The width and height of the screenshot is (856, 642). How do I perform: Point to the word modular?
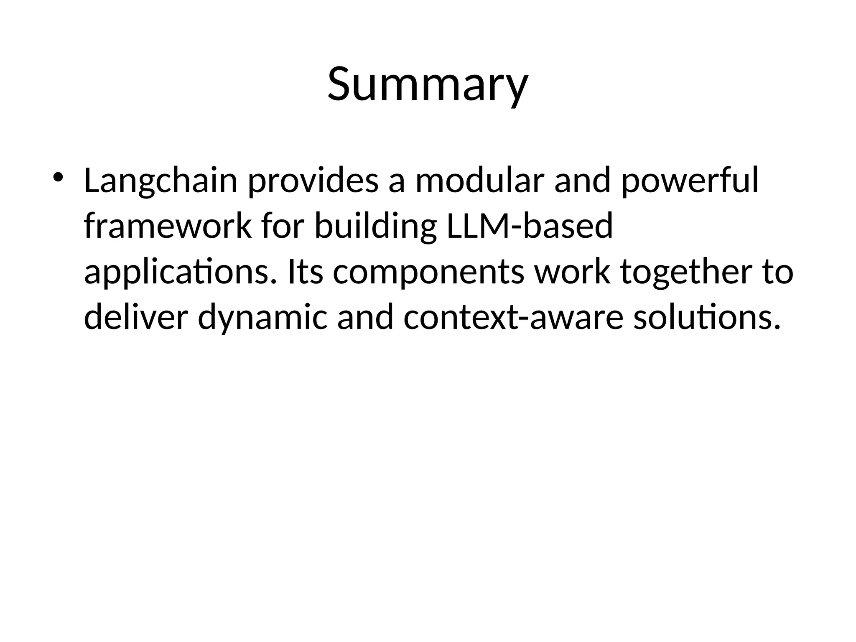coord(479,181)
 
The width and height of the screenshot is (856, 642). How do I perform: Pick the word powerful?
coord(690,181)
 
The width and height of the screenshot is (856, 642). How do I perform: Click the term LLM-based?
coord(530,226)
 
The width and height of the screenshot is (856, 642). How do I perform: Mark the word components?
coord(428,272)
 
